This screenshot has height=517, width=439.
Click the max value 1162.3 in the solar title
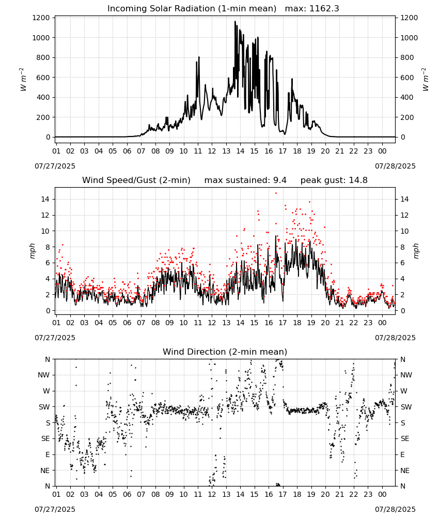(x=324, y=9)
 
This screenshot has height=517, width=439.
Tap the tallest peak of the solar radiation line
(x=235, y=22)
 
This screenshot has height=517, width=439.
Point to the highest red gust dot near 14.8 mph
(x=276, y=193)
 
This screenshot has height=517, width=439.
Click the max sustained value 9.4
(x=279, y=180)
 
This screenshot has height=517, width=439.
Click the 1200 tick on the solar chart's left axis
(x=41, y=18)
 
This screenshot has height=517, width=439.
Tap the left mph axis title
(x=32, y=251)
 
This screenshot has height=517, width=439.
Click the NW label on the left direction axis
(x=44, y=375)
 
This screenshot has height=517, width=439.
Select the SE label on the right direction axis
(x=405, y=439)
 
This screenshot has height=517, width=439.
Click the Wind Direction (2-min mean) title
(x=225, y=352)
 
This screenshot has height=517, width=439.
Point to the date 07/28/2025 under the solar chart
(x=395, y=166)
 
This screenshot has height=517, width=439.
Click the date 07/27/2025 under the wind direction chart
(x=55, y=509)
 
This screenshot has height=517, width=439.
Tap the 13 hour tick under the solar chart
(x=226, y=151)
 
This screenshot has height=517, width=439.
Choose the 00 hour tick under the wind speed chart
(x=382, y=323)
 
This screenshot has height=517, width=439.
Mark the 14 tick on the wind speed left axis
(x=45, y=199)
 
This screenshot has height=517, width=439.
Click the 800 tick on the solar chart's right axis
(x=407, y=58)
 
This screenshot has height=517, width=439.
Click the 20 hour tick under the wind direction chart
(x=325, y=494)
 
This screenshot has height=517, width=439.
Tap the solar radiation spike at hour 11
(x=199, y=57)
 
